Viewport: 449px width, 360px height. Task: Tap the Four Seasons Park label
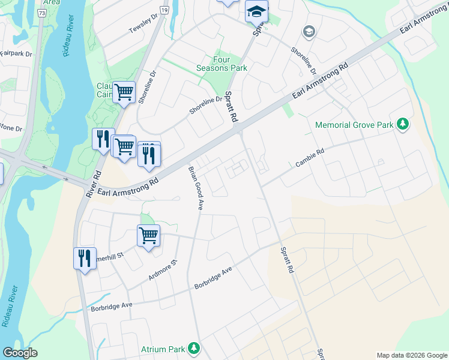221,64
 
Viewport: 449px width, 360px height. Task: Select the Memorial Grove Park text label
354,125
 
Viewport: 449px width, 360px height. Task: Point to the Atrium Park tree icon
193,348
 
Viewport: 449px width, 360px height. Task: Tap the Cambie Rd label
310,158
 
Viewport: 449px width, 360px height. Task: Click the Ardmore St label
163,270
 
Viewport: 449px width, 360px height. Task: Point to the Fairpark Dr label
16,54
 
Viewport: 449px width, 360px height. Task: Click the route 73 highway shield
41,12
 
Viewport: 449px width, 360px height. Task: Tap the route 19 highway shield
164,10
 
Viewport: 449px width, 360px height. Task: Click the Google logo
20,353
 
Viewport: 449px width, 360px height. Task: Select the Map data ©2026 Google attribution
411,355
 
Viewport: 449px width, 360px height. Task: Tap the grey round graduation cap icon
309,31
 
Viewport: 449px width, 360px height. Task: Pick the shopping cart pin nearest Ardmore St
148,235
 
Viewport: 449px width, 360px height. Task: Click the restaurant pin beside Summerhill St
84,259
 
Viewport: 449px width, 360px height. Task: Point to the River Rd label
92,185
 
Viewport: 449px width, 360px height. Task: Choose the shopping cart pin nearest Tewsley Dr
124,92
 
